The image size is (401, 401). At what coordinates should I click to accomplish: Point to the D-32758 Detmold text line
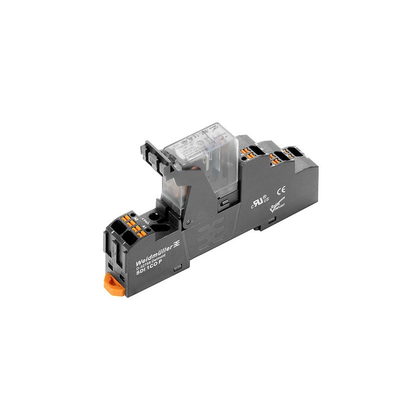153,261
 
